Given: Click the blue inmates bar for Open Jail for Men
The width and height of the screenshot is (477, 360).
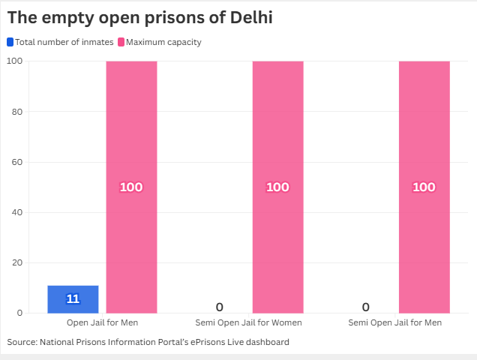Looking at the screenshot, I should tap(73, 299).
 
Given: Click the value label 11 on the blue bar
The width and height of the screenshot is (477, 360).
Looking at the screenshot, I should tap(73, 299).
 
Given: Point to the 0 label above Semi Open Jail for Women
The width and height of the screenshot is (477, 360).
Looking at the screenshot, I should tap(219, 307).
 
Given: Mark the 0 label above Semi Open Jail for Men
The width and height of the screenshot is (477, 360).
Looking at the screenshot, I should tap(365, 307).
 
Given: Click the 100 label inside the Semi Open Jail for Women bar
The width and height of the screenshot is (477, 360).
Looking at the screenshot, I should tap(277, 187).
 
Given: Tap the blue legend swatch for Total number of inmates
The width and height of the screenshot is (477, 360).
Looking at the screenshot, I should tap(10, 42).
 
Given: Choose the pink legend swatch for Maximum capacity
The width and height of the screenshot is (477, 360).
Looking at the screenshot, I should tap(121, 42).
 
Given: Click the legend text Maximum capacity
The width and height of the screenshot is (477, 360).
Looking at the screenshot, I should tap(163, 42).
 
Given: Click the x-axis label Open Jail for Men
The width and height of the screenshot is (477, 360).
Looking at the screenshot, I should tap(102, 322).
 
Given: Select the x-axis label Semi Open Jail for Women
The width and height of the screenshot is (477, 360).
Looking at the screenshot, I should tap(248, 322).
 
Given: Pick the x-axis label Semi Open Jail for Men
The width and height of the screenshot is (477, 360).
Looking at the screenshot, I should tap(395, 322).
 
